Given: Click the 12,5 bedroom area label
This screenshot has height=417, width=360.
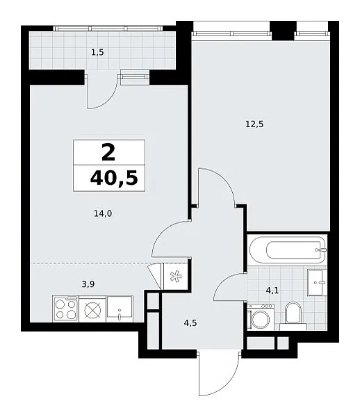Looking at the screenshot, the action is pyautogui.click(x=254, y=124).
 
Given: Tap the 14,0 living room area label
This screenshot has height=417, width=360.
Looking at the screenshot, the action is pyautogui.click(x=103, y=213).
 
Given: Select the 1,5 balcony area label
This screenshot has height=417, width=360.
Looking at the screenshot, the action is pyautogui.click(x=97, y=53).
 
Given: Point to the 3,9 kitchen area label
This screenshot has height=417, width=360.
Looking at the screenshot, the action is pyautogui.click(x=88, y=284).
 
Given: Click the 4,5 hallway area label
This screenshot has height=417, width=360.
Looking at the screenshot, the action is pyautogui.click(x=190, y=323).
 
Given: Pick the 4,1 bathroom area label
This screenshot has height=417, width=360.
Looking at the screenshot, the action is pyautogui.click(x=272, y=291).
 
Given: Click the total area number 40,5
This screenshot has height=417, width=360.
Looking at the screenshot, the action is pyautogui.click(x=114, y=178).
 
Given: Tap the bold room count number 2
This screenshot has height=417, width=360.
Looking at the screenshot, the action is pyautogui.click(x=108, y=153).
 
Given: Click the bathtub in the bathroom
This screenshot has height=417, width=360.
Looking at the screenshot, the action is pyautogui.click(x=288, y=250).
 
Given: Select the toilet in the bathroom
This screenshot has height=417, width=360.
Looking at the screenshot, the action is pyautogui.click(x=293, y=316).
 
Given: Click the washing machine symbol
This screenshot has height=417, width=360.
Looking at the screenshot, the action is pyautogui.click(x=261, y=318).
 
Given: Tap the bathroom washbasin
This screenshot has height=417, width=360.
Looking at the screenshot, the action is pyautogui.click(x=317, y=282).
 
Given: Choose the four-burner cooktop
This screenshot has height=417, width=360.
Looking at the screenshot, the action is pyautogui.click(x=65, y=309).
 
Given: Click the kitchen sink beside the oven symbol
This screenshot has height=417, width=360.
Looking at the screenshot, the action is pyautogui.click(x=120, y=309).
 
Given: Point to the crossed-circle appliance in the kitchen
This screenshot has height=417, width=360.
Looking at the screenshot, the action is pyautogui.click(x=92, y=309).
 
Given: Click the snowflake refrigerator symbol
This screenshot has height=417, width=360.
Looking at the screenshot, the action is pyautogui.click(x=176, y=277).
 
